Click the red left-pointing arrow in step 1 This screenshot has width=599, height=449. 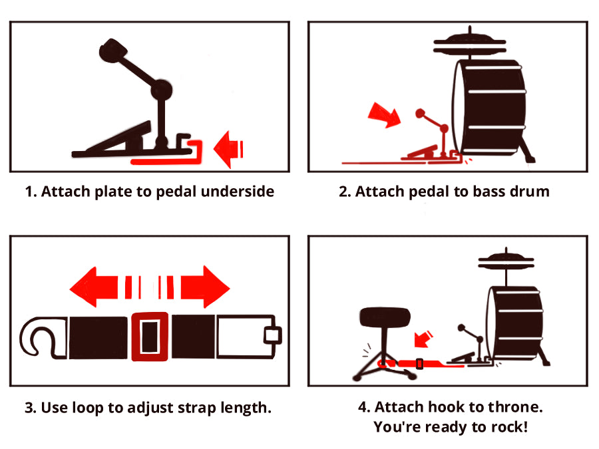(228, 149)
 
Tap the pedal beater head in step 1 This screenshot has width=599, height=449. (113, 51)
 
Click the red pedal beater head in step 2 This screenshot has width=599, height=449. (420, 113)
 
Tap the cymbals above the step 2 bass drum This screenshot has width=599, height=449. (470, 45)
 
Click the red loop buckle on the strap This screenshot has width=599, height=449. (150, 337)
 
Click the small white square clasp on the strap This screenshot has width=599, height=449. (273, 336)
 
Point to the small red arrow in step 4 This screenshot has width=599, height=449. (423, 339)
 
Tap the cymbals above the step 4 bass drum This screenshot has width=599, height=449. (506, 261)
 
